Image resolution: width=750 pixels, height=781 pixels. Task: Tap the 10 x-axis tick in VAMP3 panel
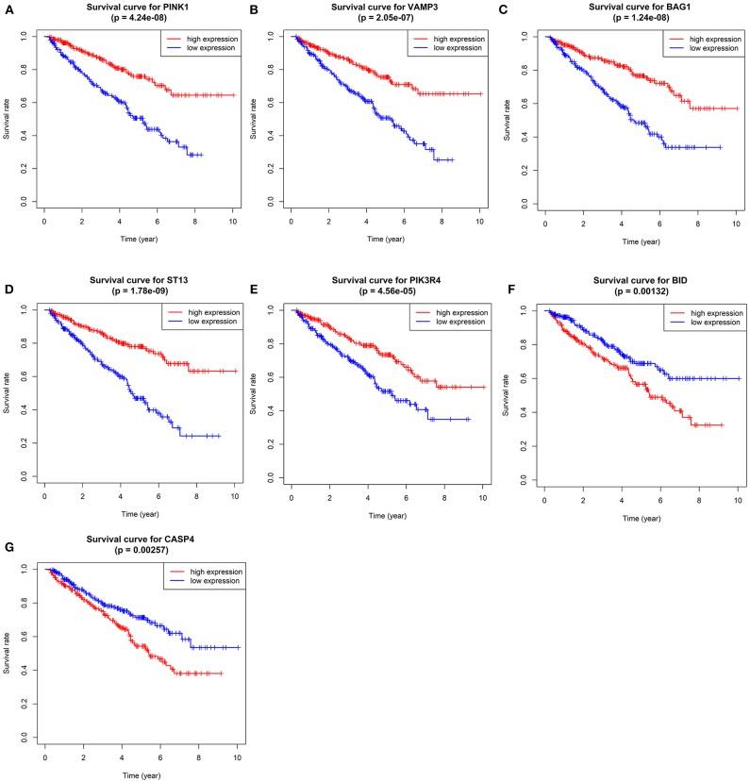pos(479,221)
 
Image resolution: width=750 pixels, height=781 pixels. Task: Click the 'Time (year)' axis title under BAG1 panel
pos(640,242)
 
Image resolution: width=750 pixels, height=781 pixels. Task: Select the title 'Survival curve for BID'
pos(640,279)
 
